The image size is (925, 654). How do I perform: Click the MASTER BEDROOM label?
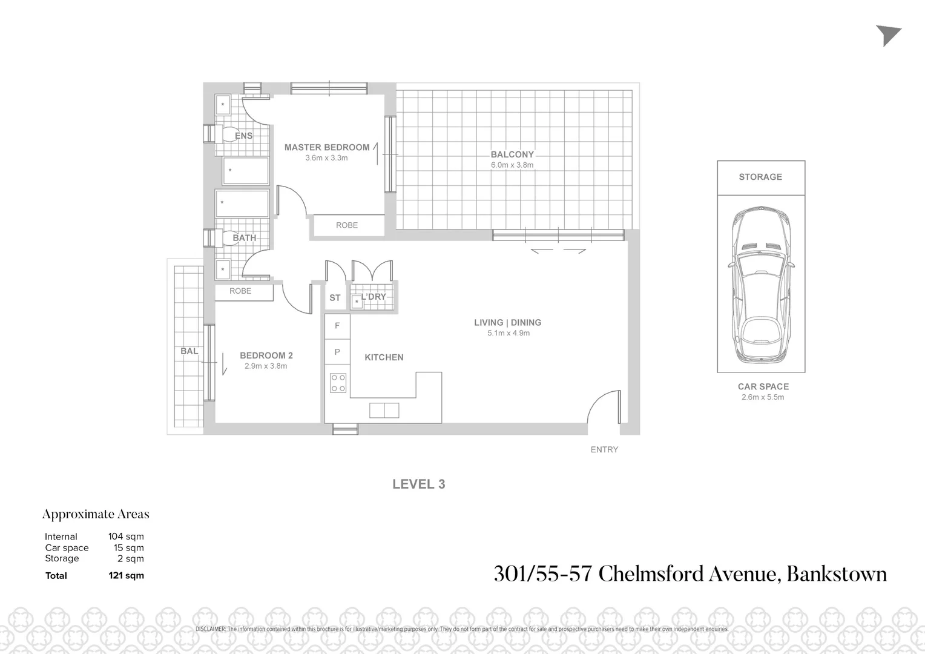click(326, 147)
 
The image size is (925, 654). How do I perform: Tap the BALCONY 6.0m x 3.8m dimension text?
click(512, 165)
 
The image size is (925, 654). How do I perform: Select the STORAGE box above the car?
click(760, 177)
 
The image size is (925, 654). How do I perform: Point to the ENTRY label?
click(604, 449)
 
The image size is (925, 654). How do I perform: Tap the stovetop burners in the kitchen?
click(338, 383)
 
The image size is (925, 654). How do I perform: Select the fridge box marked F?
click(337, 326)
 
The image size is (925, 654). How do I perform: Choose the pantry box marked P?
click(337, 352)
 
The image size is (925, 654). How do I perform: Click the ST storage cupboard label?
click(335, 298)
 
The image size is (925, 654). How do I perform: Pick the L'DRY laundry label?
click(374, 297)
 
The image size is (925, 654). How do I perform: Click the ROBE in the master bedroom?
click(347, 225)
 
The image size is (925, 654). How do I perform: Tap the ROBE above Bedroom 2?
click(240, 291)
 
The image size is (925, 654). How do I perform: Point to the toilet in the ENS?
click(228, 134)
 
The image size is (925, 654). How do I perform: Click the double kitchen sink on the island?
click(384, 411)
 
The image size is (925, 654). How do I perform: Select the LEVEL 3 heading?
click(418, 484)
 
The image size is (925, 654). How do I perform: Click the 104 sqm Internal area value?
click(126, 537)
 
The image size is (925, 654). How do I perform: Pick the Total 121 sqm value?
click(126, 575)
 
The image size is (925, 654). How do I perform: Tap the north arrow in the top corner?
click(888, 36)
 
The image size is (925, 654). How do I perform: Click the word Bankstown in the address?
click(836, 573)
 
